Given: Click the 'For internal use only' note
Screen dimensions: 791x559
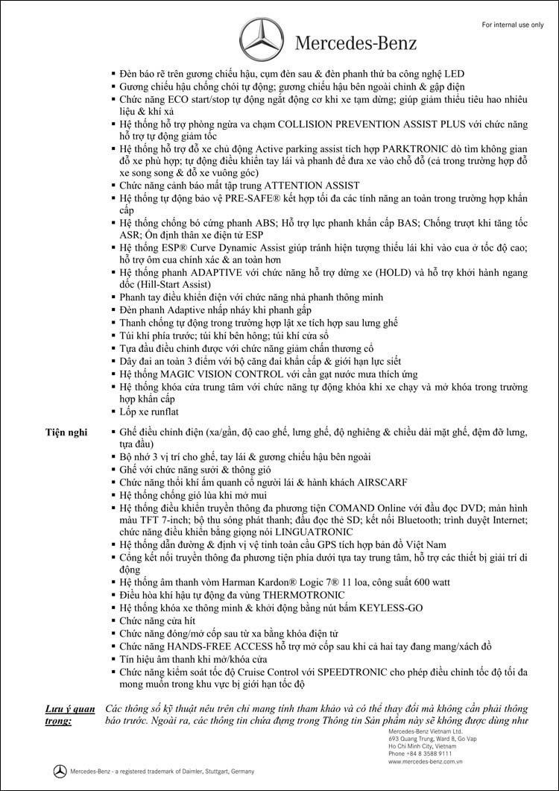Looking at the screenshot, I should [x=513, y=25].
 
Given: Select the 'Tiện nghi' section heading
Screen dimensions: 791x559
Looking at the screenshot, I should [x=66, y=432].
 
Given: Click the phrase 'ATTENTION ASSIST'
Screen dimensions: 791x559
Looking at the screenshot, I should [x=302, y=185].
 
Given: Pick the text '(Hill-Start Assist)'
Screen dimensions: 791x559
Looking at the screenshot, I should [x=172, y=284].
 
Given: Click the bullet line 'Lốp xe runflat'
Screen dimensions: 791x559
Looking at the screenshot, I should [x=149, y=412].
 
